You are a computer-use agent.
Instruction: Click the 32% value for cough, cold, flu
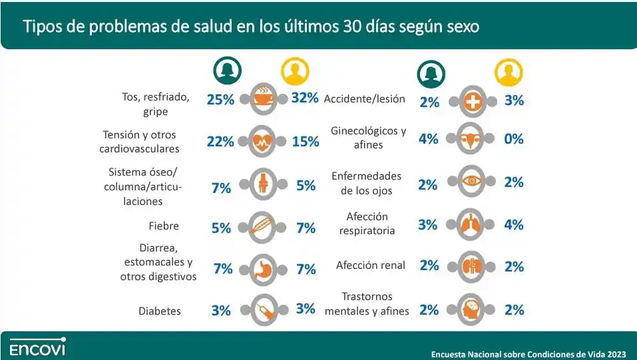[305, 98]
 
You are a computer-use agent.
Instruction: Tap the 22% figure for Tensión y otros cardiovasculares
[220, 141]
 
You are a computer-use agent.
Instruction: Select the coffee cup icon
[262, 99]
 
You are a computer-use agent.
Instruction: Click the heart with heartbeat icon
[262, 140]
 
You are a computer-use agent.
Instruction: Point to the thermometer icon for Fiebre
[262, 226]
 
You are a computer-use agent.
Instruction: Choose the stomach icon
[262, 268]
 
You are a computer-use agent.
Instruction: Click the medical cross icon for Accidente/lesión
[473, 101]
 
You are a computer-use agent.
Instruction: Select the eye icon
[473, 180]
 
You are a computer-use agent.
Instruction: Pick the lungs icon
[473, 225]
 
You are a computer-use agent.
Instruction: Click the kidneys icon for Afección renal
[473, 266]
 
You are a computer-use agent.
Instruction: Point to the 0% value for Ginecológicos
[514, 139]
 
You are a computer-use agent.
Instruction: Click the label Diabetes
[160, 311]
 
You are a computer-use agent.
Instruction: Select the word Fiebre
[164, 226]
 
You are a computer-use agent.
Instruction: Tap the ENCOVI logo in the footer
[37, 347]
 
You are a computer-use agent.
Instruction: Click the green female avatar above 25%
[227, 70]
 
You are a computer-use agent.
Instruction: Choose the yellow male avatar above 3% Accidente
[509, 74]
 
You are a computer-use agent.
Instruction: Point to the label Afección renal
[371, 266]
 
